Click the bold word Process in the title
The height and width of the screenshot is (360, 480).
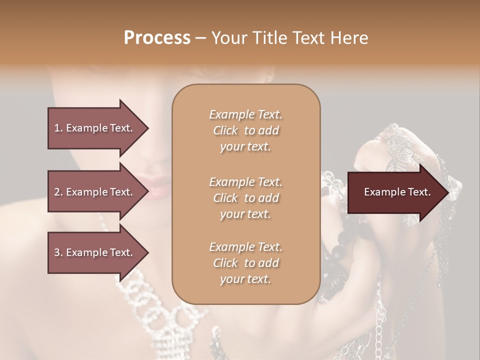coord(157,38)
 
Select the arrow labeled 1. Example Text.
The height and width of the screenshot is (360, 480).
coord(95,128)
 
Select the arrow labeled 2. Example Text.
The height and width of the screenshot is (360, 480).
coord(95,192)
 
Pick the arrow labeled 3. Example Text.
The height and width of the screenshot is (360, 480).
coord(95,252)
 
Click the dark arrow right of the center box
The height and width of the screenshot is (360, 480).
coord(395,192)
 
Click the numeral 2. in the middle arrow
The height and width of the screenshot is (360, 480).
coord(58,192)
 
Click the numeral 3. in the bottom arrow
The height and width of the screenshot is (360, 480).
coord(58,252)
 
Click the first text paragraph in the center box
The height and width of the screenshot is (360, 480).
coord(245,130)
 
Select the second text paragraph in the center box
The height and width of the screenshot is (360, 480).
coord(245,197)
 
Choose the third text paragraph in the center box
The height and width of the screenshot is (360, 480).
coord(245,263)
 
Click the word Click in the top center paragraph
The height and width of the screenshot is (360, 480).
coord(225,131)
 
